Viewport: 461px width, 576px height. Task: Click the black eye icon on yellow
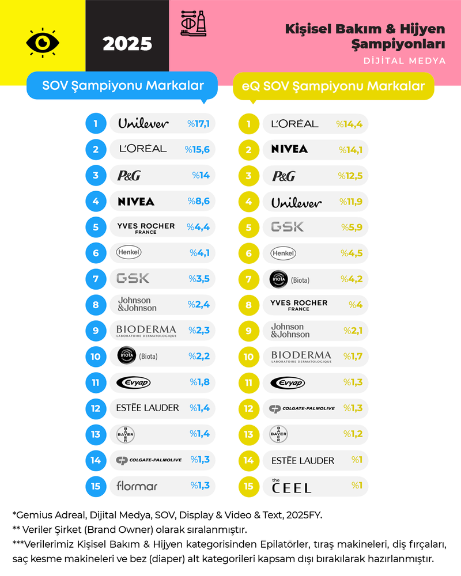point(42,42)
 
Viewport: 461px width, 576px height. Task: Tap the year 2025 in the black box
point(127,44)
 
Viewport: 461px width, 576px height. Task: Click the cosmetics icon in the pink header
point(194,23)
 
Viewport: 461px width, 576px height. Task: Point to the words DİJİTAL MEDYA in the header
point(405,60)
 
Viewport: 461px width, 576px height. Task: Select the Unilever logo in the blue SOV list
point(143,123)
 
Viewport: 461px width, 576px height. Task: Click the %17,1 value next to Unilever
point(198,123)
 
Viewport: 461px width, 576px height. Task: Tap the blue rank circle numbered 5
point(96,227)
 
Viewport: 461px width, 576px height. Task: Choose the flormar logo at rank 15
point(137,486)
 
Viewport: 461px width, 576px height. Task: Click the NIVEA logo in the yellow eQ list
point(289,149)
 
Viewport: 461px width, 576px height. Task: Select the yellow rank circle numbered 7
point(249,279)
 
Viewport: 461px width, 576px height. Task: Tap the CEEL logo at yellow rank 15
point(292,486)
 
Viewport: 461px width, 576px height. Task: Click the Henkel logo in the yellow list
point(283,253)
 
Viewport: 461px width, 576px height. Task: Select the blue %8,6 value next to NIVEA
point(198,201)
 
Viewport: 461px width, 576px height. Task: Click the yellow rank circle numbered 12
point(249,408)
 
